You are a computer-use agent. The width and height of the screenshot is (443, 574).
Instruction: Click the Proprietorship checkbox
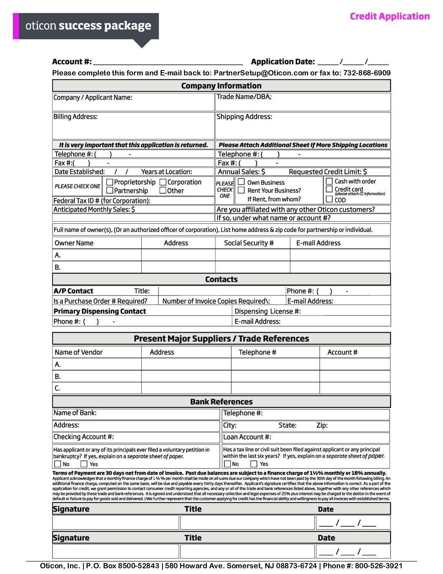[110, 182]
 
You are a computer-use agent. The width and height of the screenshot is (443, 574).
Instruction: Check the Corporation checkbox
[163, 182]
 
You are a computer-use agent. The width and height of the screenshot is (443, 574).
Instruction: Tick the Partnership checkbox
[110, 190]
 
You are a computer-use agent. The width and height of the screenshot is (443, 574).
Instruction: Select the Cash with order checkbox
[329, 181]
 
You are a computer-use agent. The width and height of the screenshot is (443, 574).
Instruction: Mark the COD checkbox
[329, 199]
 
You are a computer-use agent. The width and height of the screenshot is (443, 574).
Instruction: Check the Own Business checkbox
[241, 182]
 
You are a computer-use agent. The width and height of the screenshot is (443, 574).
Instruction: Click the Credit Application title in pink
[390, 16]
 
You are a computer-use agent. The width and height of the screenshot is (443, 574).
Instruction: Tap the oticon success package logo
[88, 26]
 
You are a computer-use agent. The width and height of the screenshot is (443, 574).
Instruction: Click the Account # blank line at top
[168, 62]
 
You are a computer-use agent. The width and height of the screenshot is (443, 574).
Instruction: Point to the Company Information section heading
[221, 86]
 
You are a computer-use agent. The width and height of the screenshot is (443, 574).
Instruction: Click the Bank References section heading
[221, 402]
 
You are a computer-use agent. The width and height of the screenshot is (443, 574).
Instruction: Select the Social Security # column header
[249, 243]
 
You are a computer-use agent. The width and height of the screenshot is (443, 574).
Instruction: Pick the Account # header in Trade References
[342, 352]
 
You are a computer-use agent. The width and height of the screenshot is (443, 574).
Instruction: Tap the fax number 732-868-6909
[367, 73]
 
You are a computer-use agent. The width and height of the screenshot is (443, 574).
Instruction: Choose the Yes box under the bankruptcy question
[84, 464]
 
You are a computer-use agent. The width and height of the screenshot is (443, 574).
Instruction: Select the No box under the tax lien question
[227, 464]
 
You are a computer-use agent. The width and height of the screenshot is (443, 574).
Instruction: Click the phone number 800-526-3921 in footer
[379, 566]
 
